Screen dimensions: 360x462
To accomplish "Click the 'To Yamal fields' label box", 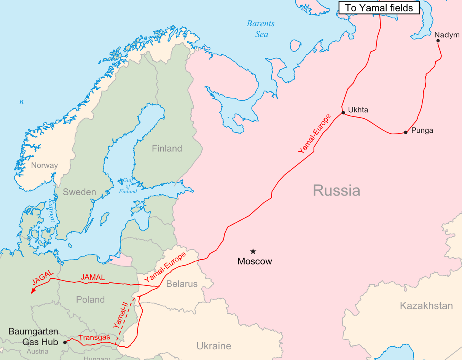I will [379, 8].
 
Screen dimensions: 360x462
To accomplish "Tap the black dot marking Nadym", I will [438, 41].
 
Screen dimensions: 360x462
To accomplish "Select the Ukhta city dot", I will [343, 113].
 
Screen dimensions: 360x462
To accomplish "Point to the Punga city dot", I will [406, 132].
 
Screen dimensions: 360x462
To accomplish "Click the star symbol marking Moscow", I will [253, 251].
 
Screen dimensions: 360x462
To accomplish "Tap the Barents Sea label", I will [261, 29].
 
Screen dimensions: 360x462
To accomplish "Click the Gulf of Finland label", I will [128, 186].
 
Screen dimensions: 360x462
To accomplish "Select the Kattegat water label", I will [52, 209].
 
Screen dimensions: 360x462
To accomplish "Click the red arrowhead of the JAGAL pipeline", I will [33, 291].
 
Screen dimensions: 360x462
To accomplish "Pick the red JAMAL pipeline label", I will [93, 277].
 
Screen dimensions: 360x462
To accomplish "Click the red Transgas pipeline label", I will [94, 338].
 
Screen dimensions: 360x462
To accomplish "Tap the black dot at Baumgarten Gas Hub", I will [65, 342].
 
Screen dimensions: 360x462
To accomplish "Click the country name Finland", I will [167, 148].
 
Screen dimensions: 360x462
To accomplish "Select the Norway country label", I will [45, 165].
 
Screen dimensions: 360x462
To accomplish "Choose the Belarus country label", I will [182, 284].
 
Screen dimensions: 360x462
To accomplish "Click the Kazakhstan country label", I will [426, 306].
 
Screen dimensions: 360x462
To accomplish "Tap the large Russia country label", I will [336, 190].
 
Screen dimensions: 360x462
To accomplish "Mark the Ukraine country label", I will [214, 346].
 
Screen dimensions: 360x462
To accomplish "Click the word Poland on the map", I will [90, 299].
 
